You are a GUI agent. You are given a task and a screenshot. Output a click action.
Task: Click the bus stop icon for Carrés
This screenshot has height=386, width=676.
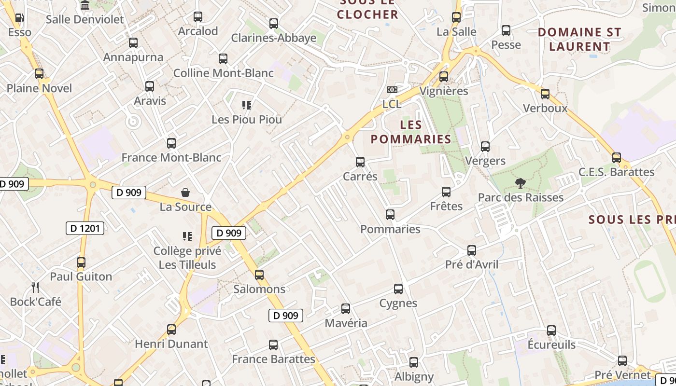click(360, 162)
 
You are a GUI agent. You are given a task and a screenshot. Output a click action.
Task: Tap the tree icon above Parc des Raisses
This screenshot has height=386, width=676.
click(520, 183)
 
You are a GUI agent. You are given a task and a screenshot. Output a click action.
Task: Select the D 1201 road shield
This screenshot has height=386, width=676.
click(85, 228)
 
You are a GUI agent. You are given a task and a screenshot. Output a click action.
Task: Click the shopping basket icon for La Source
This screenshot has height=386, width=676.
click(185, 193)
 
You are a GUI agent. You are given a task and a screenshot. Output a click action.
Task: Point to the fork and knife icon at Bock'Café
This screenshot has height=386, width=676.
click(35, 288)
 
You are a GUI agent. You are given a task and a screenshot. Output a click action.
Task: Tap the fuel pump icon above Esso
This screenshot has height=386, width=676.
click(19, 18)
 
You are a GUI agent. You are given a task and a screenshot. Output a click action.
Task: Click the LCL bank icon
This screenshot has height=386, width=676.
click(392, 90)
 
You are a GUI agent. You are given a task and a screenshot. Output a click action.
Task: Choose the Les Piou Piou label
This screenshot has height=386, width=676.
click(247, 119)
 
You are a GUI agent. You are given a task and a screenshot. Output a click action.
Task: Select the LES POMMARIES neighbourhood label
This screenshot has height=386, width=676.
click(411, 132)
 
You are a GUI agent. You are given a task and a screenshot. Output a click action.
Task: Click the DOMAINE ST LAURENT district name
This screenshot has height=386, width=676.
click(579, 40)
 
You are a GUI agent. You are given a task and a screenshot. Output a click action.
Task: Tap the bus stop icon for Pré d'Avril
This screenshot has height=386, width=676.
click(472, 250)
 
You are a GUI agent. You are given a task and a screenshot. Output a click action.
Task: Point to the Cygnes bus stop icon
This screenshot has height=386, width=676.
click(398, 289)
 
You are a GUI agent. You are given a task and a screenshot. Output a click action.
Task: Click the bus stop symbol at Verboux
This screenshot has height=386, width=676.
click(545, 94)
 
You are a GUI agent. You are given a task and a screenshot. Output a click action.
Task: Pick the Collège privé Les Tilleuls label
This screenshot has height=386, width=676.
click(187, 258)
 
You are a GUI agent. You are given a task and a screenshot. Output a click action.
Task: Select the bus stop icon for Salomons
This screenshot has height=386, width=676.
click(259, 275)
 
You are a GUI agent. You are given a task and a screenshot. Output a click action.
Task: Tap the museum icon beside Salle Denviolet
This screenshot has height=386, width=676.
click(85, 5)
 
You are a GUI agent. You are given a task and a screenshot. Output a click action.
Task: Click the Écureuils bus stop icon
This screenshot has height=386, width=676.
click(551, 331)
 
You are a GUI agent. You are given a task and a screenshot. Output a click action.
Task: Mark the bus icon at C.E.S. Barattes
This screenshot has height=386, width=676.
click(616, 158)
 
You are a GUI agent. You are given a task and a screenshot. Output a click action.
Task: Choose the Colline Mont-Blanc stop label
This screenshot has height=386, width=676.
click(223, 73)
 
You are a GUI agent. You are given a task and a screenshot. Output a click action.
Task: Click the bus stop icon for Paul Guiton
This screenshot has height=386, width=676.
click(81, 262)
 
